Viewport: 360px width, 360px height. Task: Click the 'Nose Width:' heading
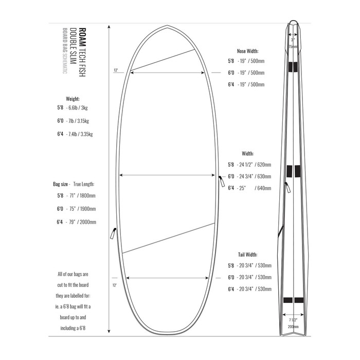(x=247, y=51)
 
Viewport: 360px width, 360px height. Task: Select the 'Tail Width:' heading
(x=247, y=255)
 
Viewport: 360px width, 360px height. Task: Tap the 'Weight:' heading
(x=73, y=98)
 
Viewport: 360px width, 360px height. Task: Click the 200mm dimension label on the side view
(x=293, y=326)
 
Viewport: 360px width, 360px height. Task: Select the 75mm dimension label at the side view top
(x=293, y=46)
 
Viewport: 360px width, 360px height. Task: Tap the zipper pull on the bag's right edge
(x=222, y=181)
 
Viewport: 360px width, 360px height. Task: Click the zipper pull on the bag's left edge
(x=112, y=233)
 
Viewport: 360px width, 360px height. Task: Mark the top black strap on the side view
(x=293, y=66)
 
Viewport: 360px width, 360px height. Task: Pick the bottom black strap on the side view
(x=293, y=300)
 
